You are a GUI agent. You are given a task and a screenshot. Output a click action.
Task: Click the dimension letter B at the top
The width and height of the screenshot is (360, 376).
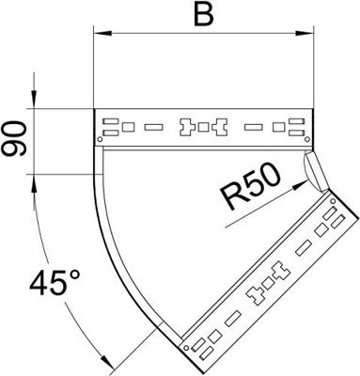[204, 15]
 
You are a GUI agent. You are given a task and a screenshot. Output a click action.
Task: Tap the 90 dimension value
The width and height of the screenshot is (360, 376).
[13, 139]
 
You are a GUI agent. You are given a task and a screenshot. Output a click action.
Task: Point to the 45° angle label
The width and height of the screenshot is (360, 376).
[55, 283]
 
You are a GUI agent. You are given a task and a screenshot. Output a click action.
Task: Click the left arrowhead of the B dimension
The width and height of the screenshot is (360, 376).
[102, 33]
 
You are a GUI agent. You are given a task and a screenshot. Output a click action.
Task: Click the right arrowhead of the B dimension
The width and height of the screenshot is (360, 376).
[305, 33]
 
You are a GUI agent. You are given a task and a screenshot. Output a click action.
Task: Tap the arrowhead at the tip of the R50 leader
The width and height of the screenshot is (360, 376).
[300, 184]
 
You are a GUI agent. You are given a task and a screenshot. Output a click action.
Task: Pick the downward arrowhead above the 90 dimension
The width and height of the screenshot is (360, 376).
[34, 100]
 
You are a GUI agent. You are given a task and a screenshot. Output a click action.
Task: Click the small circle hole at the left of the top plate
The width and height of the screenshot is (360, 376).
[100, 139]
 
